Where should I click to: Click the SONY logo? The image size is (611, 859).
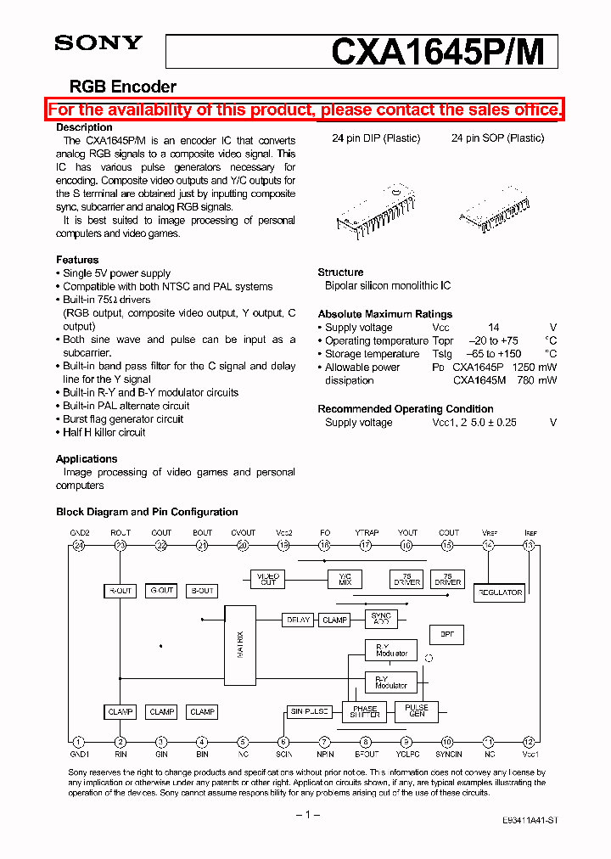pos(98,43)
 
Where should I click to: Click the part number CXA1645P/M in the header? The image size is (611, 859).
pos(444,52)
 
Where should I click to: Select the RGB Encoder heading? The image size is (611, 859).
pos(122,87)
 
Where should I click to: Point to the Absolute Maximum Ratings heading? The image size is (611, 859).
pos(384,314)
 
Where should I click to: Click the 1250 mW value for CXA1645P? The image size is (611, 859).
pos(530,368)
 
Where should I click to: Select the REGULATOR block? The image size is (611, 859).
pos(500,592)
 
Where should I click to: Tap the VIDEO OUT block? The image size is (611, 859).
pos(268,579)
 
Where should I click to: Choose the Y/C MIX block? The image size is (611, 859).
pos(345,579)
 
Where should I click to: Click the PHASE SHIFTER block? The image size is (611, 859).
pos(364,711)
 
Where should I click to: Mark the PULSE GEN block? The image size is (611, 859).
pos(416,710)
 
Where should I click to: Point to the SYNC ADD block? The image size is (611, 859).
pos(381,619)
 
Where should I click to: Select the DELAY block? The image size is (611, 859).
pos(298,620)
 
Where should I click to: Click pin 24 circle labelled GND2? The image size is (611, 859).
pos(79,546)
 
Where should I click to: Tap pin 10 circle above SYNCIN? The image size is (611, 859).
pos(447,741)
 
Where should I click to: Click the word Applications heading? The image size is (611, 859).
pos(87,459)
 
